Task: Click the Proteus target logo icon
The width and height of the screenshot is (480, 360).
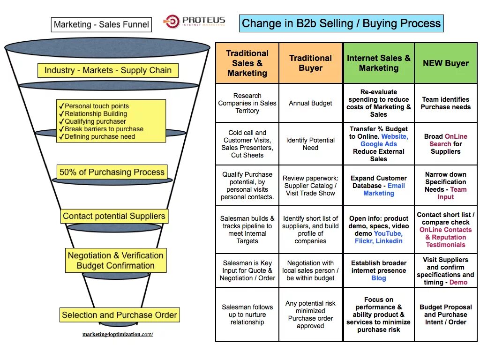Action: coord(171,22)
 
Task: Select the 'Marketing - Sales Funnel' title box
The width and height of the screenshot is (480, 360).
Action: coord(101,25)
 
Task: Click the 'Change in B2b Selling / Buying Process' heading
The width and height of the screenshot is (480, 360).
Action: coord(341,23)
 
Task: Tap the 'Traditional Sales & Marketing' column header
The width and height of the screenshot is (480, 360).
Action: coord(247,63)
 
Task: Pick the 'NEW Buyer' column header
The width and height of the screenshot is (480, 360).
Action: coord(445,63)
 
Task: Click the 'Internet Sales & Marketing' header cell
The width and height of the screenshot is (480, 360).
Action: coord(378,63)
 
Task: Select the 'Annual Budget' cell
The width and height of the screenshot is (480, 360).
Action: coord(310,103)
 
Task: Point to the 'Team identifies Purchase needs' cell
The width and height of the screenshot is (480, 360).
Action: coord(445,103)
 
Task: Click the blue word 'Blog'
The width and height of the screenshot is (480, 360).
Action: coord(379,278)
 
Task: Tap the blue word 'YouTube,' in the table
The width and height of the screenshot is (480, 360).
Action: coord(387,233)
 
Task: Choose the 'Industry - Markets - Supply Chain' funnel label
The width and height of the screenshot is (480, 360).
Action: coord(108,71)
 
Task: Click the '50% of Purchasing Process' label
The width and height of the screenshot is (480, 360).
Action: coord(112,172)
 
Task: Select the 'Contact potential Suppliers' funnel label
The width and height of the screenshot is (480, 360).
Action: coord(114,216)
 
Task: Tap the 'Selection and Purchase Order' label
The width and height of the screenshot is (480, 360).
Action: coord(120,315)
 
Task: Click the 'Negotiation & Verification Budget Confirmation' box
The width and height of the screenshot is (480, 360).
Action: coord(116,261)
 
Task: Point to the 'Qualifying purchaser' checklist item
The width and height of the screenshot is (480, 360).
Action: coord(95,121)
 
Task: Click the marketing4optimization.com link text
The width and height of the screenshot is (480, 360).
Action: coord(118,334)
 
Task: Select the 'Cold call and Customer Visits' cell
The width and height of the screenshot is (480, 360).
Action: coord(247,143)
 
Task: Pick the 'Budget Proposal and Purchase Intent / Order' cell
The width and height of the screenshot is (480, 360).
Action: coord(445,315)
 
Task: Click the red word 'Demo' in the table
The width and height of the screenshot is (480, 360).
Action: coord(458,282)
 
